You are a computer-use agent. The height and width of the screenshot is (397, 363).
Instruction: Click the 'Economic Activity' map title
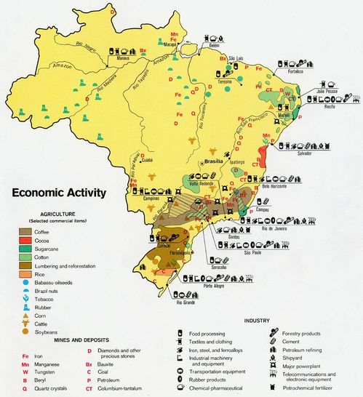point(57,193)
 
